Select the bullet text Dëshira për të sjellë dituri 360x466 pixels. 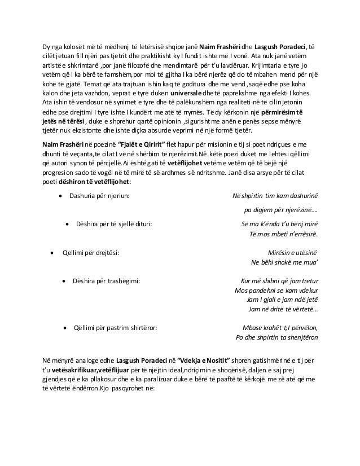point(113,223)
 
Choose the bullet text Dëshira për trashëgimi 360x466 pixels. point(107,280)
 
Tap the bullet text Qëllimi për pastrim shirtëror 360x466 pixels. point(115,327)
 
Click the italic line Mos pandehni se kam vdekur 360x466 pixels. point(276,290)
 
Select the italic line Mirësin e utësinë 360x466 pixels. point(291,252)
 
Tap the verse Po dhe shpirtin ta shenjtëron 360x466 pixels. point(276,337)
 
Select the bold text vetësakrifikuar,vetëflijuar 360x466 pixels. point(85,369)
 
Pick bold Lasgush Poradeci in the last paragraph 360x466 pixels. point(140,359)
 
